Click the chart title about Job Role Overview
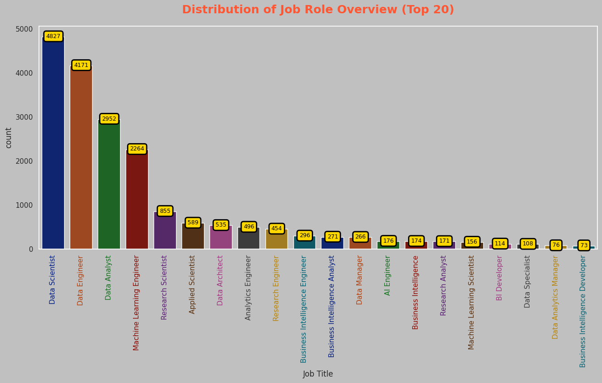point(318,10)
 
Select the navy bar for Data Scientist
point(53,143)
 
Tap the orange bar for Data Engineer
point(81,157)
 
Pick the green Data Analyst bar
point(109,184)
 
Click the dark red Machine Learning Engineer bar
point(137,199)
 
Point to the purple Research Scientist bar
point(165,230)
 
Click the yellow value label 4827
point(53,36)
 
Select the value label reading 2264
point(137,149)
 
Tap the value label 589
point(193,222)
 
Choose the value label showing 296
point(305,235)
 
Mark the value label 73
point(584,245)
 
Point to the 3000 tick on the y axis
point(24,117)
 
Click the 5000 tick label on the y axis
point(24,29)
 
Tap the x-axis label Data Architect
point(220,281)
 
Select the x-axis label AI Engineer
point(387,276)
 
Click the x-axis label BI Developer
point(499,278)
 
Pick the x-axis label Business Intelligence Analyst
point(331,306)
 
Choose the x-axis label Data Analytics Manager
point(555,297)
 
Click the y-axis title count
point(8,138)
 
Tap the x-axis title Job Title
point(318,374)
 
